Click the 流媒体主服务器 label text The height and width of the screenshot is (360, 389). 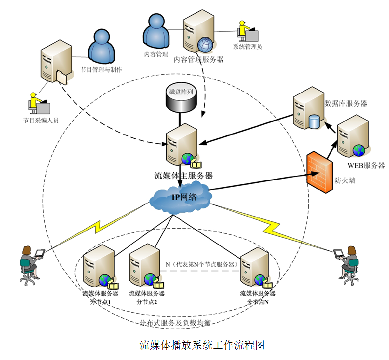coord(184,176)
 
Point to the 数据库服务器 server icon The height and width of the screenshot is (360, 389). coord(307,110)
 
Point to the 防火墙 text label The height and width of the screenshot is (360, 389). coord(345,181)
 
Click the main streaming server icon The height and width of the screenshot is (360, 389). coord(181,145)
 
